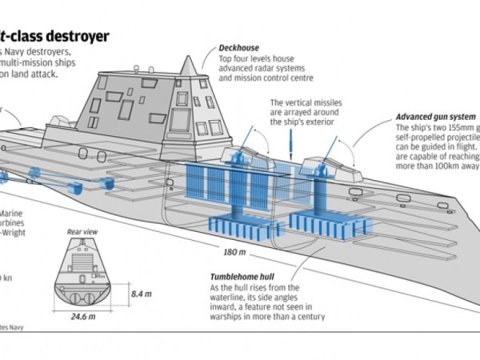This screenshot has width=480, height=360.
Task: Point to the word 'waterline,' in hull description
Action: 233,298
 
